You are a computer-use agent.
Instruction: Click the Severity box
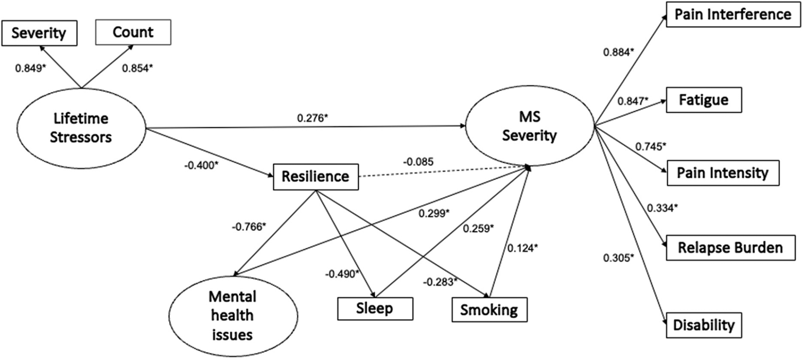coord(39,33)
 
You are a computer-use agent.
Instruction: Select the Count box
coord(133,32)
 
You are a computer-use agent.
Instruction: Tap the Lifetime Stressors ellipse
coord(81,128)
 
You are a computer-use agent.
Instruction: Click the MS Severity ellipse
coord(529,126)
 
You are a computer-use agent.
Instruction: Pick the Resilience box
coord(316,177)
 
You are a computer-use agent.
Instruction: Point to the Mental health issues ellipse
coord(233,316)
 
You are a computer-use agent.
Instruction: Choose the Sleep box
coord(375,309)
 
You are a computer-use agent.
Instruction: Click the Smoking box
coord(489,310)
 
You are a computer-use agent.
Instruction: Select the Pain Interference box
coord(733,15)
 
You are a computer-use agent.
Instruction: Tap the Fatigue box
coord(703,100)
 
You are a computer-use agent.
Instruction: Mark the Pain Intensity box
coord(722,173)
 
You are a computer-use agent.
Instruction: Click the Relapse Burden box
coord(730,248)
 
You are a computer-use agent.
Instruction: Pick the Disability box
coord(703,325)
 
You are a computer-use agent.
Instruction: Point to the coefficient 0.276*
coord(312,118)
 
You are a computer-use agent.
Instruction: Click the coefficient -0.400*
coord(201,165)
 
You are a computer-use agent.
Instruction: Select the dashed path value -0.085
coord(418,162)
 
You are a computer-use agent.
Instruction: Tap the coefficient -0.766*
coord(249,227)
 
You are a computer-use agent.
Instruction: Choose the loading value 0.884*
coord(619,52)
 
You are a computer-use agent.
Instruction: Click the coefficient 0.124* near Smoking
coord(522,248)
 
